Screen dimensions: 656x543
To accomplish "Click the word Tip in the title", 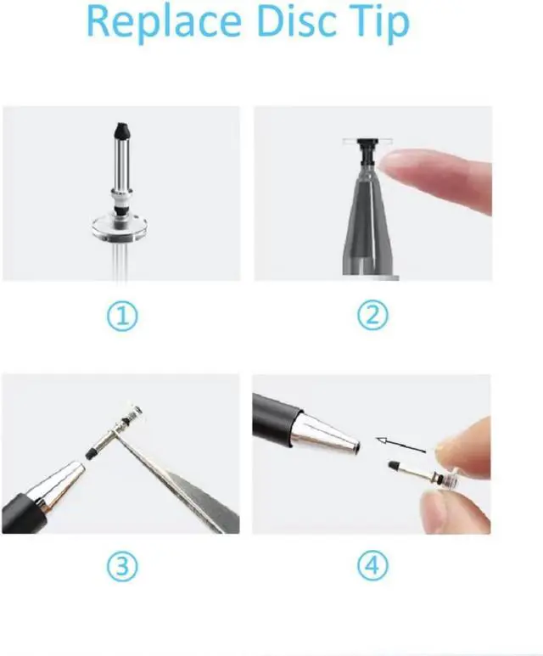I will pos(378,23).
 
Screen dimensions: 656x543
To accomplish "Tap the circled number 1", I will pos(124,317).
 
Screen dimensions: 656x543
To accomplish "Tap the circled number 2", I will pos(371,317).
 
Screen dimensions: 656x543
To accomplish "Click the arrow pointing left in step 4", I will pos(400,442).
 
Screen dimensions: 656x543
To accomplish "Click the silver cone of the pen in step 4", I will pos(327,435).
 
